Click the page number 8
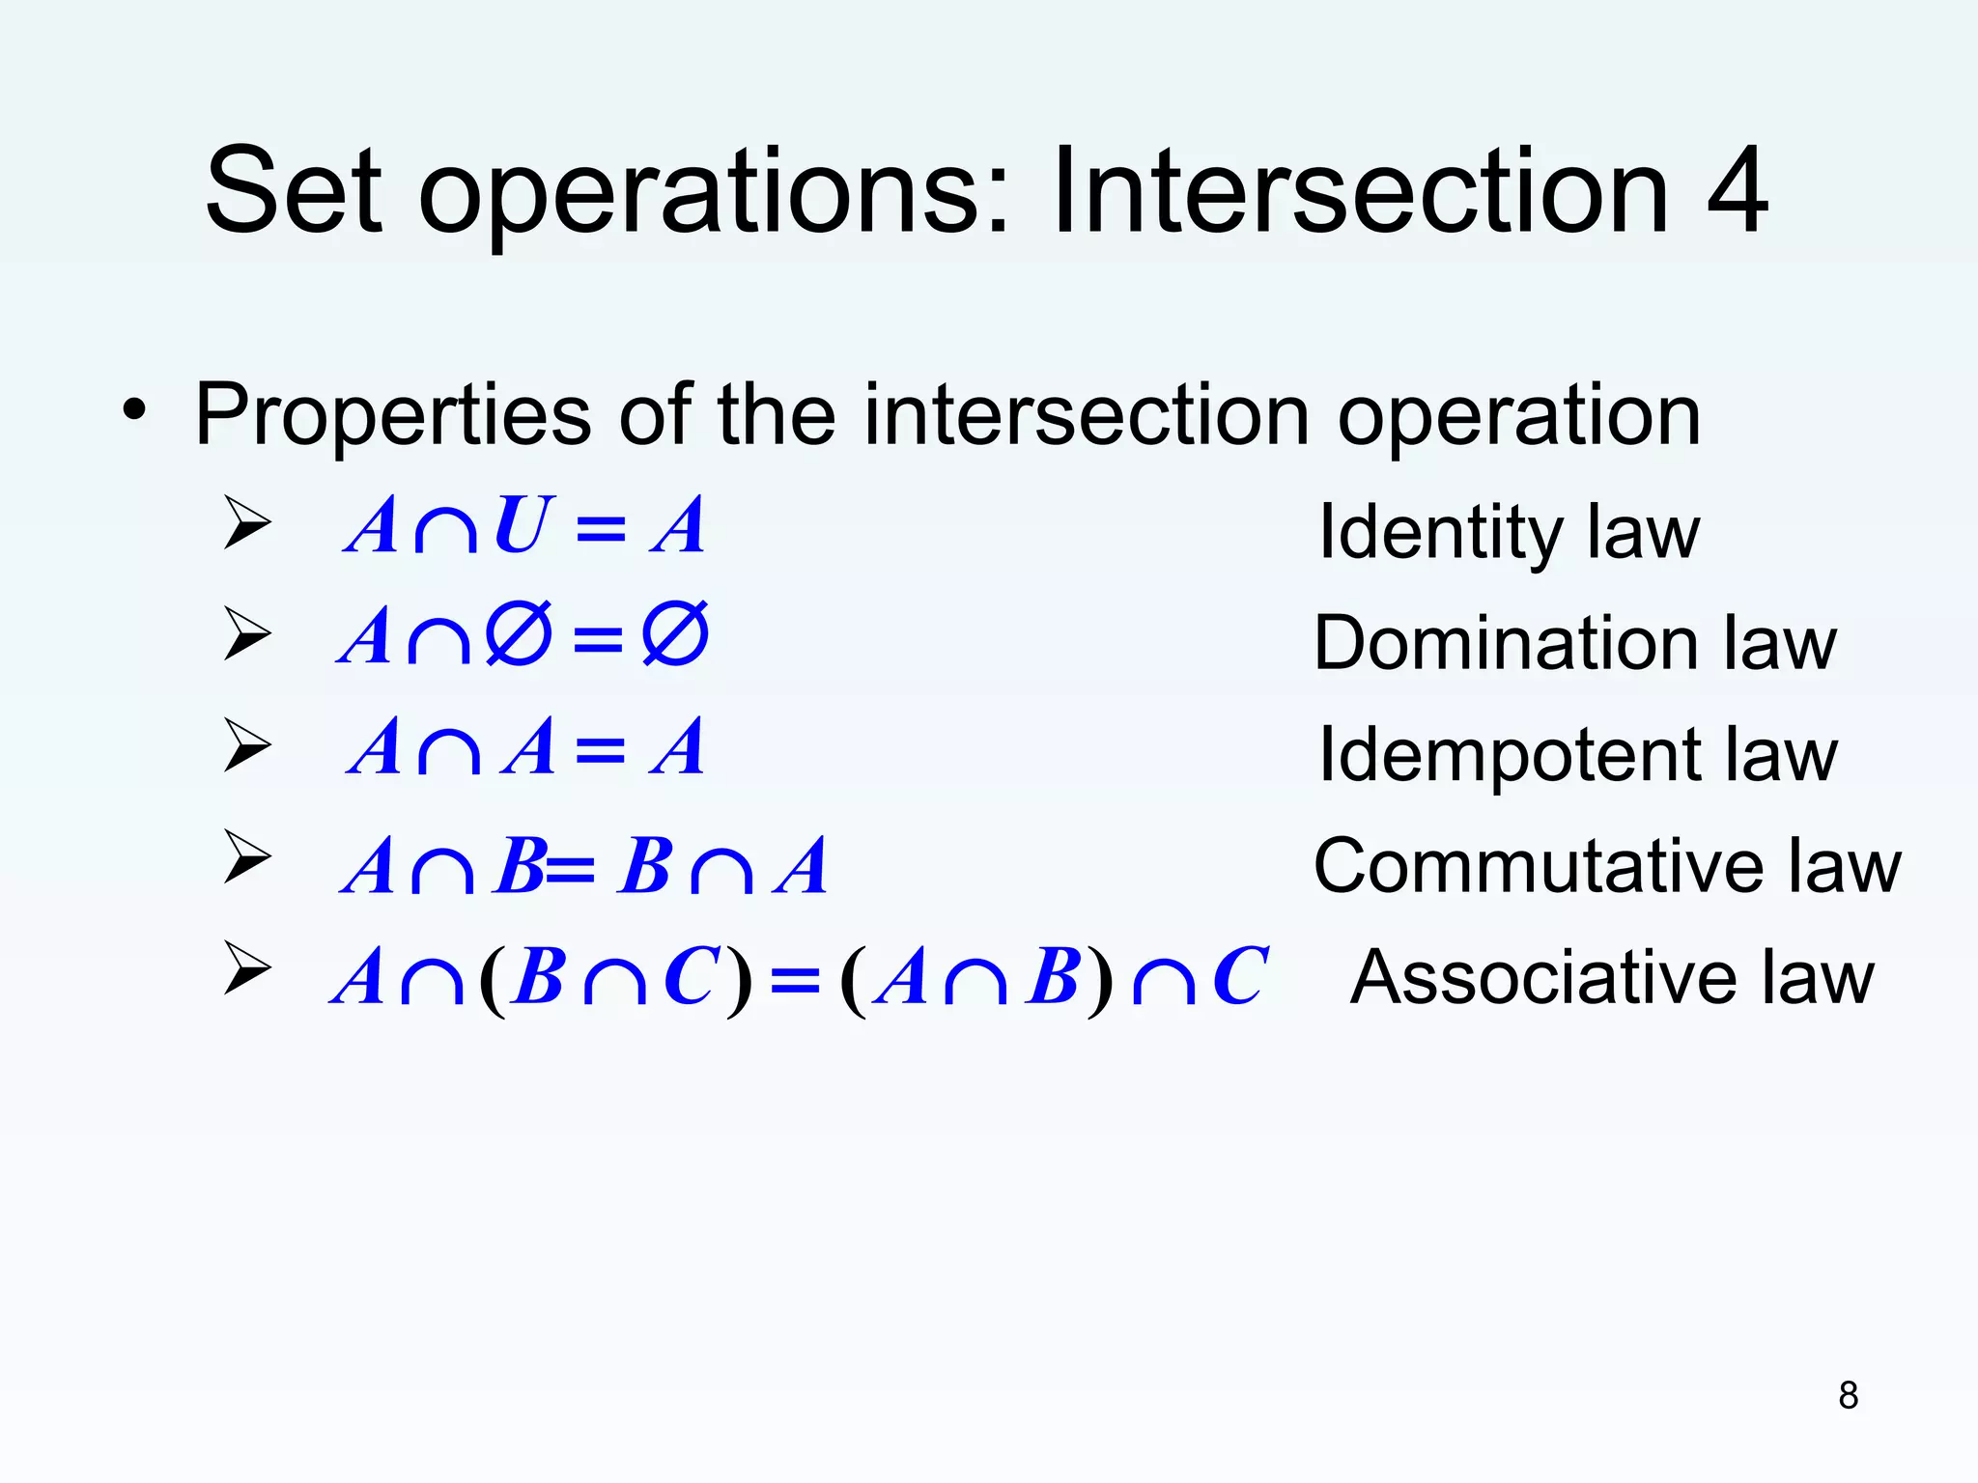[x=1848, y=1395]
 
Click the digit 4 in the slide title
[x=1737, y=191]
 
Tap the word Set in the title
[x=294, y=191]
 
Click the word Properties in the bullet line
[x=392, y=416]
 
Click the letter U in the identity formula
[x=523, y=526]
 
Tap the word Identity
[x=1438, y=534]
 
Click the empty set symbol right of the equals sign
[x=675, y=634]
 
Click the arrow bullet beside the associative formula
[x=247, y=967]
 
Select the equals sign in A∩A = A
[x=600, y=749]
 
